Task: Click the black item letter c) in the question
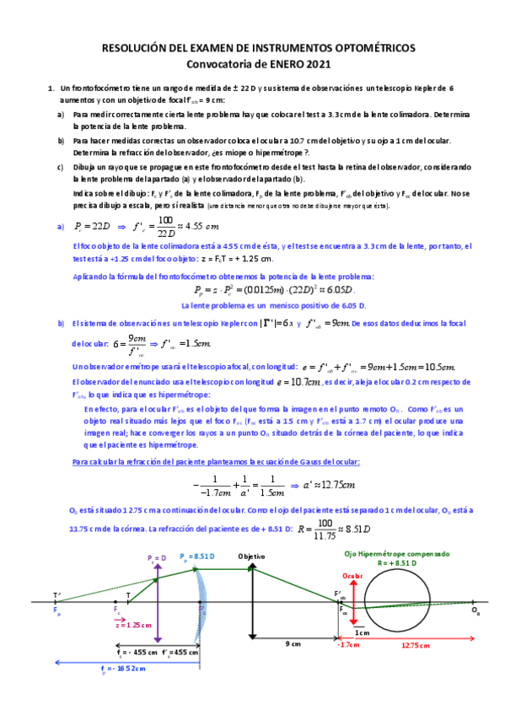click(60, 167)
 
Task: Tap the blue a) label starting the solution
click(60, 226)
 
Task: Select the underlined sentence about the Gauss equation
click(218, 462)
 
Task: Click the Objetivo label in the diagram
click(252, 557)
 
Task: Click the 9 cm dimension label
click(293, 643)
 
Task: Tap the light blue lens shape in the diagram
click(201, 604)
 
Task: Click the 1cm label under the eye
click(362, 632)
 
